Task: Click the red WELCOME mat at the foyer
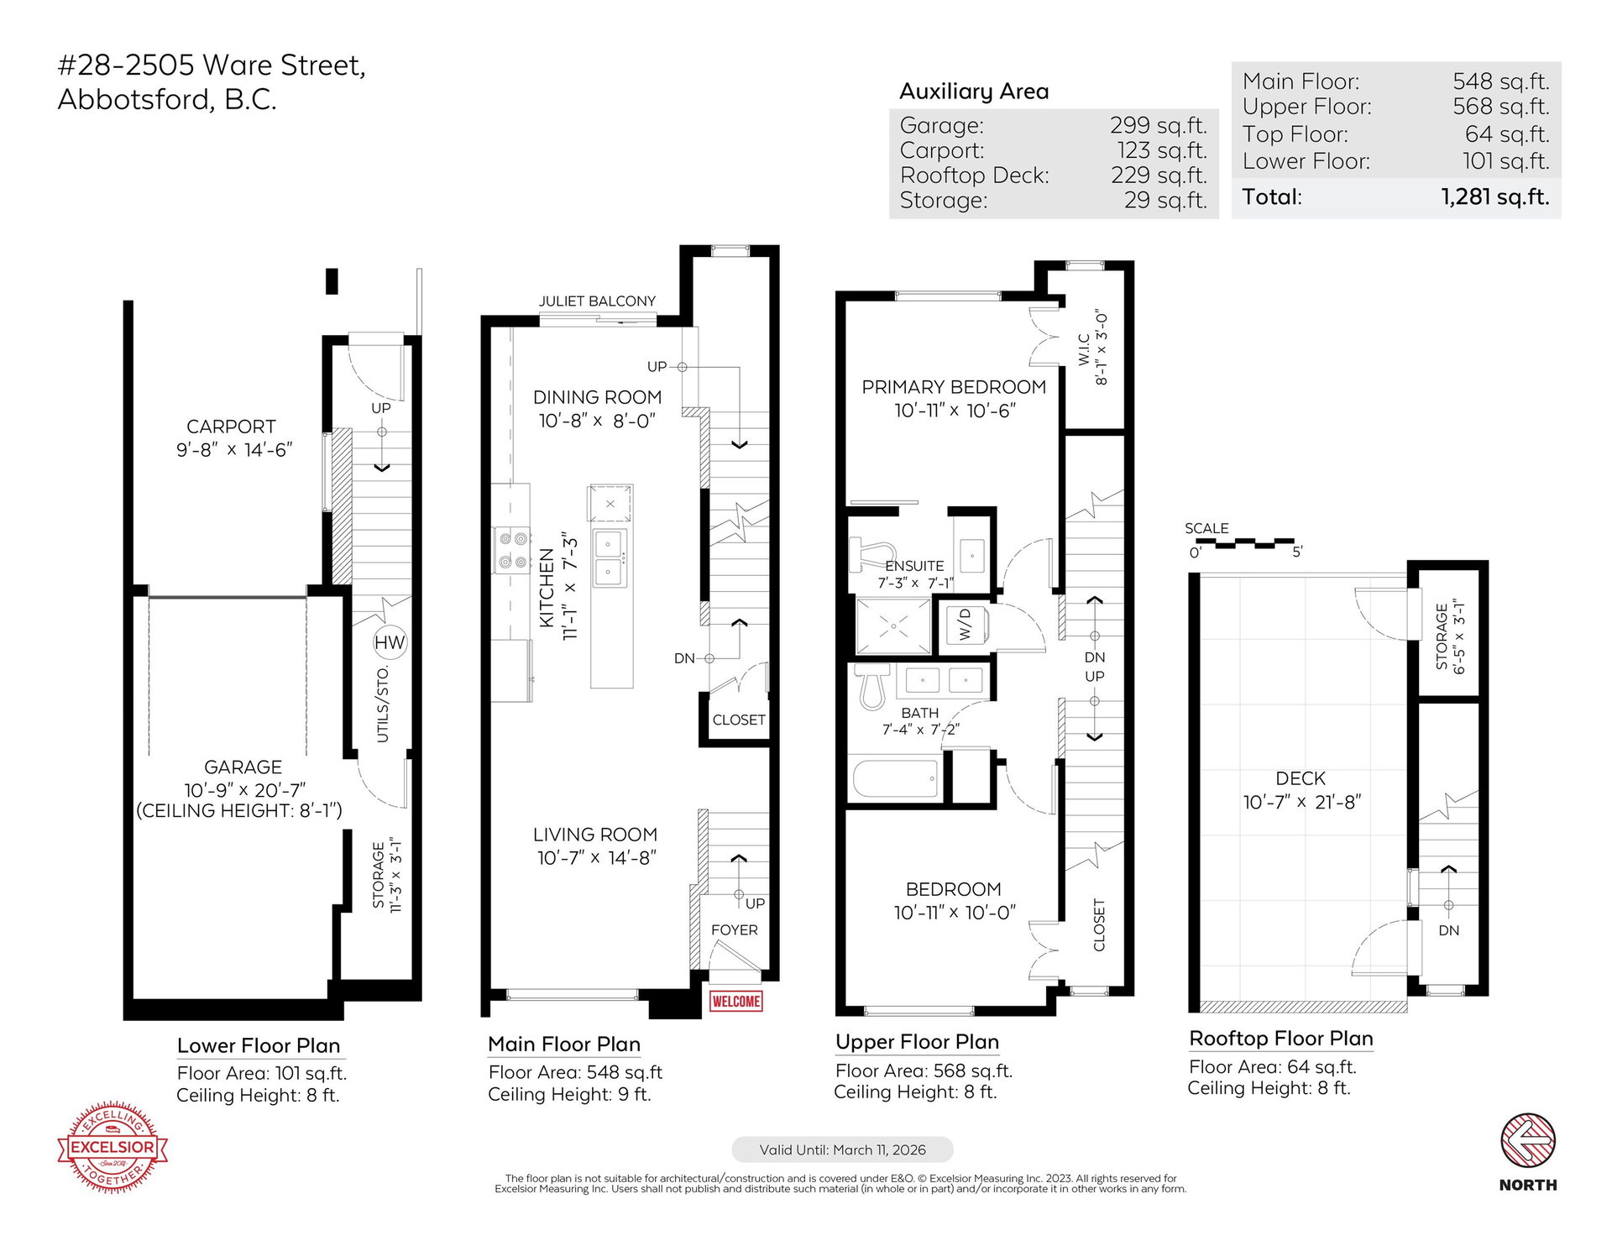click(x=735, y=1001)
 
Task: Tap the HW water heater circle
click(x=390, y=643)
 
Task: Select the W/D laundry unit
click(x=965, y=624)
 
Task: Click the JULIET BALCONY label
click(x=597, y=301)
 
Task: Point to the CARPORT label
click(x=231, y=427)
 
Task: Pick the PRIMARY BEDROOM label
click(x=954, y=387)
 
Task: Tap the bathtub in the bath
click(x=896, y=778)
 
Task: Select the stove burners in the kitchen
click(x=511, y=550)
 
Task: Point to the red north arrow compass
click(x=1528, y=1140)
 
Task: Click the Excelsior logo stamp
click(x=113, y=1146)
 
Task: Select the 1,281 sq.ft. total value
click(x=1495, y=196)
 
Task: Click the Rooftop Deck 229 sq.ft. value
click(x=1159, y=175)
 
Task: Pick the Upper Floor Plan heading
click(x=917, y=1042)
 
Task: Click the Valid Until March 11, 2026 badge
click(x=842, y=1149)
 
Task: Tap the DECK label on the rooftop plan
click(x=1301, y=778)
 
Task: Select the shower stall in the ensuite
click(x=893, y=626)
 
